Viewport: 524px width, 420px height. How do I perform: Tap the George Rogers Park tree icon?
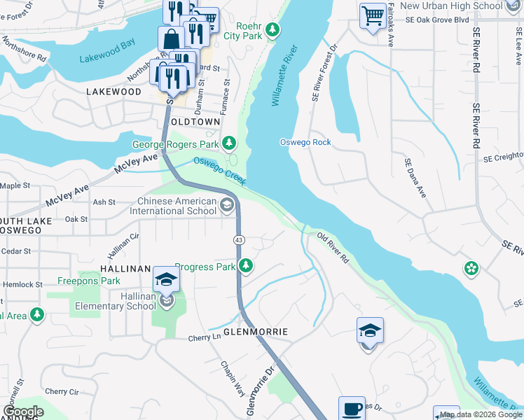(228, 144)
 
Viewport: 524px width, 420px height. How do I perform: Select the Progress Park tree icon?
(245, 266)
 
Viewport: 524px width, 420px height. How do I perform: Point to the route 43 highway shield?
(238, 240)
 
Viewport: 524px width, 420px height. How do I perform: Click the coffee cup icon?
(352, 408)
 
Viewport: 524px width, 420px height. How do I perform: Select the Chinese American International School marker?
(226, 205)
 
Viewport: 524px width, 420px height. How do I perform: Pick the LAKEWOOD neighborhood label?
(113, 92)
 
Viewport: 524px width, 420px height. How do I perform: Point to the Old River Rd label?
(333, 248)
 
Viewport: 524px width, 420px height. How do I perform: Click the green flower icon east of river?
(471, 268)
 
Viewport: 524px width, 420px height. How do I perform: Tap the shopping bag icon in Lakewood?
(170, 40)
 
